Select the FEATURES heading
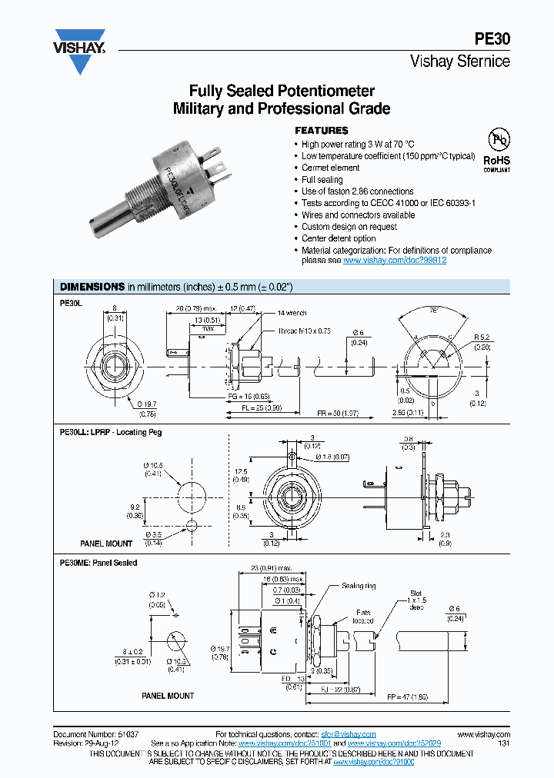[322, 131]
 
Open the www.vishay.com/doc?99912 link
[395, 261]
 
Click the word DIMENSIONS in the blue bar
[92, 287]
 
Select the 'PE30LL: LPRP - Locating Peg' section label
[111, 432]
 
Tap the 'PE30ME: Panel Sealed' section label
[98, 563]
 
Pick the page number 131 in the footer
[504, 744]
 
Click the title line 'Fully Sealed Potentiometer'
[281, 91]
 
